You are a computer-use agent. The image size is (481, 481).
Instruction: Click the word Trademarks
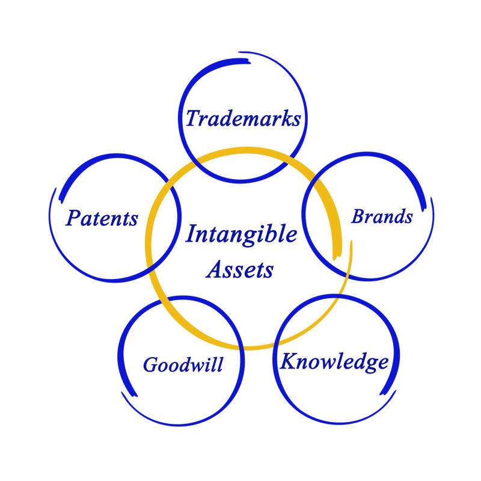(x=242, y=118)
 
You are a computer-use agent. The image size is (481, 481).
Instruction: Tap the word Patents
(x=102, y=218)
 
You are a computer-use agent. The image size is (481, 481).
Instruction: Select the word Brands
(x=382, y=216)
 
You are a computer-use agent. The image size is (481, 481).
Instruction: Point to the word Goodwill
(x=183, y=364)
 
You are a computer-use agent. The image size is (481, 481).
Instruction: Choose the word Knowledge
(x=334, y=362)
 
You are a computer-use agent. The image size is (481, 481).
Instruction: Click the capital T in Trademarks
(x=193, y=117)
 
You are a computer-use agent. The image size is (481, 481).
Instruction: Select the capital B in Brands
(x=358, y=216)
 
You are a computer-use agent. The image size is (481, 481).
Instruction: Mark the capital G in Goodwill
(x=150, y=364)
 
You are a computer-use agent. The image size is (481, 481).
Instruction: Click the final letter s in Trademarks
(x=295, y=120)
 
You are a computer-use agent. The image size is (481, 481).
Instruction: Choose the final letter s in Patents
(x=133, y=219)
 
